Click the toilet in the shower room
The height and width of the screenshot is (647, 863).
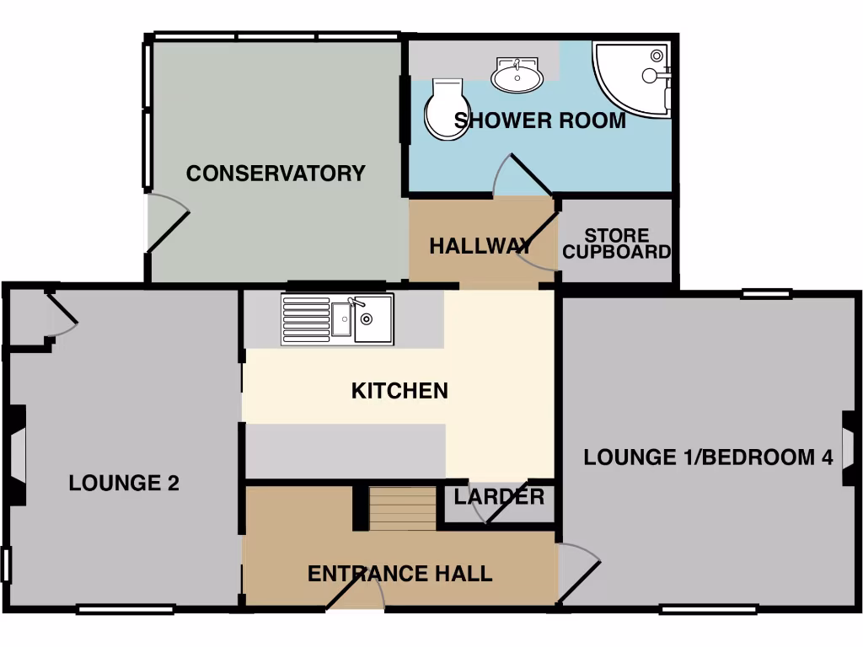click(444, 110)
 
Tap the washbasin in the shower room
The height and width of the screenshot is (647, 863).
click(517, 76)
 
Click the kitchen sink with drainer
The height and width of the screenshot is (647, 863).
click(337, 319)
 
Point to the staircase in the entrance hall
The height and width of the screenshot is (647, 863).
click(402, 508)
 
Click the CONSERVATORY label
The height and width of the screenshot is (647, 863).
click(276, 174)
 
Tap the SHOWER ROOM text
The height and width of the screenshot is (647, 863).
click(540, 120)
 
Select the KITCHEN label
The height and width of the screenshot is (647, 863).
click(399, 391)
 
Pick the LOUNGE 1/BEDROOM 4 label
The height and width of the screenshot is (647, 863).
click(709, 457)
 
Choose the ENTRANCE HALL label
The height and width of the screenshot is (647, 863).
click(399, 575)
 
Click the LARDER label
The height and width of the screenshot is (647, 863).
click(499, 497)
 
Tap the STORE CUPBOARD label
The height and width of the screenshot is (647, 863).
click(617, 243)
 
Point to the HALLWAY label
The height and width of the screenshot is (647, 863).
click(480, 247)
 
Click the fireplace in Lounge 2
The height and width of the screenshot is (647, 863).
click(17, 455)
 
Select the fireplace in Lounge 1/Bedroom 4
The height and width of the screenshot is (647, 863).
click(850, 447)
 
